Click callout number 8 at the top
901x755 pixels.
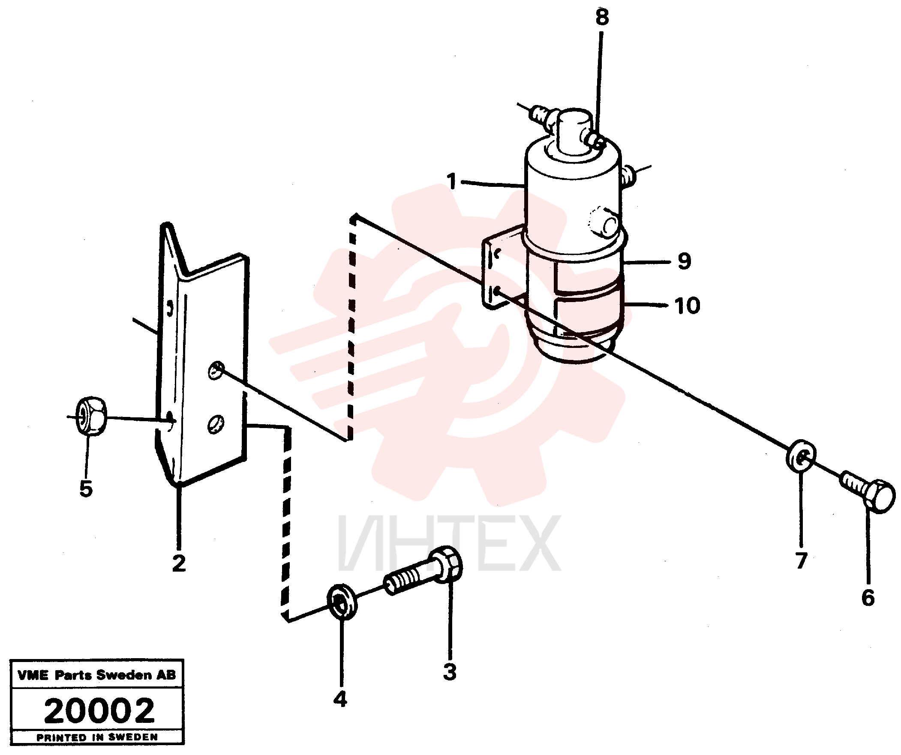pos(602,18)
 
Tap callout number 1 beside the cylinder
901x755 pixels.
pos(452,181)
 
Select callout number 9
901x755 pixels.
pos(685,261)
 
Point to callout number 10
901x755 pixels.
pos(688,306)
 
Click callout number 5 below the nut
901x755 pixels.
pos(86,488)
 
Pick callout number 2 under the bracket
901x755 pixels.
pos(179,563)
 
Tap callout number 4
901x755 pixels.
pos(340,700)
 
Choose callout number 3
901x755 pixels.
pos(450,672)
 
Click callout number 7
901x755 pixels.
pos(801,560)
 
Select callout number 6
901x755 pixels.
pos(868,598)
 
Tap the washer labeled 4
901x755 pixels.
pos(342,602)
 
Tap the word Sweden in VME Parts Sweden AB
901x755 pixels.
pos(124,675)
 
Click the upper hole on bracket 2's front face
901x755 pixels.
pos(216,370)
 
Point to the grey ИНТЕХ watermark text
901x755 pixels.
pos(449,544)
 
